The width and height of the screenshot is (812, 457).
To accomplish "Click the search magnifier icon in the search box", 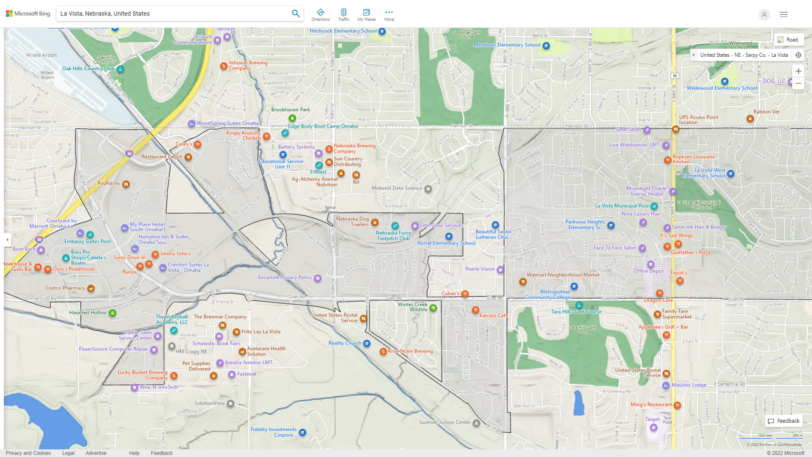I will click(x=296, y=14).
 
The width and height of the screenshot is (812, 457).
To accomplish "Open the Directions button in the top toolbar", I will click(x=320, y=15).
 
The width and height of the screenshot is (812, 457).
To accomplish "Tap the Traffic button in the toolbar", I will click(x=343, y=15).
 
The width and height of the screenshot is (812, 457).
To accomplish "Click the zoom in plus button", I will click(x=798, y=71).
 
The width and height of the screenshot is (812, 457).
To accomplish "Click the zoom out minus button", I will click(x=798, y=83).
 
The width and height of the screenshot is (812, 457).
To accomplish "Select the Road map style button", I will click(x=788, y=40).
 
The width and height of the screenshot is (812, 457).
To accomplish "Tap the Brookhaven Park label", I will click(x=290, y=110).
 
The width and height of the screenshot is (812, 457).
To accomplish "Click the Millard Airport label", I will click(x=41, y=55).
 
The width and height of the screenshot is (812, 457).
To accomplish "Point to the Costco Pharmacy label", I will click(x=65, y=288).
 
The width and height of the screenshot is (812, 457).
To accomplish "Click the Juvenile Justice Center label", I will click(x=444, y=422).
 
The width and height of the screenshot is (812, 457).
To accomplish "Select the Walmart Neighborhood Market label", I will click(x=563, y=275).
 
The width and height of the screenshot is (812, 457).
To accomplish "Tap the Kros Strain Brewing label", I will click(x=410, y=351).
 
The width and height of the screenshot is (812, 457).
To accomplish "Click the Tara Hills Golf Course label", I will click(x=576, y=312).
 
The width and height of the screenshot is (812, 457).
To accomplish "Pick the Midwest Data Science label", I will click(x=397, y=188).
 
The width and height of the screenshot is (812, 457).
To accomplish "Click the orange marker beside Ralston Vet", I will click(x=750, y=119).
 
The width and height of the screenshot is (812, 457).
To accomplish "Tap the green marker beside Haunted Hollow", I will click(x=112, y=313).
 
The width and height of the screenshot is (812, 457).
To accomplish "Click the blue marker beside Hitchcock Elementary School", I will click(x=382, y=31).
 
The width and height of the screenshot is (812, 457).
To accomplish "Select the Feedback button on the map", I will click(x=784, y=421).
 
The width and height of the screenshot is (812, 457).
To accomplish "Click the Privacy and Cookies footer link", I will click(x=28, y=453).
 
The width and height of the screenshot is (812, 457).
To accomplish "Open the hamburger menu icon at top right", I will click(x=783, y=14).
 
